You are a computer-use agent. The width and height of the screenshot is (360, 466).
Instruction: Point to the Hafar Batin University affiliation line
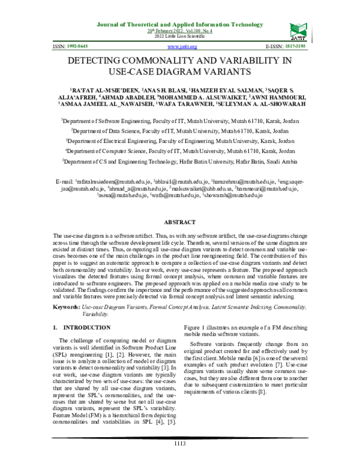pyautogui.click(x=180, y=162)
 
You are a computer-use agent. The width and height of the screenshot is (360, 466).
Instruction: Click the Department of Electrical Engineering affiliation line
pyautogui.click(x=180, y=140)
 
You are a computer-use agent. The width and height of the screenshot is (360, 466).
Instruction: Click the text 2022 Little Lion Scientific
pyautogui.click(x=180, y=37)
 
